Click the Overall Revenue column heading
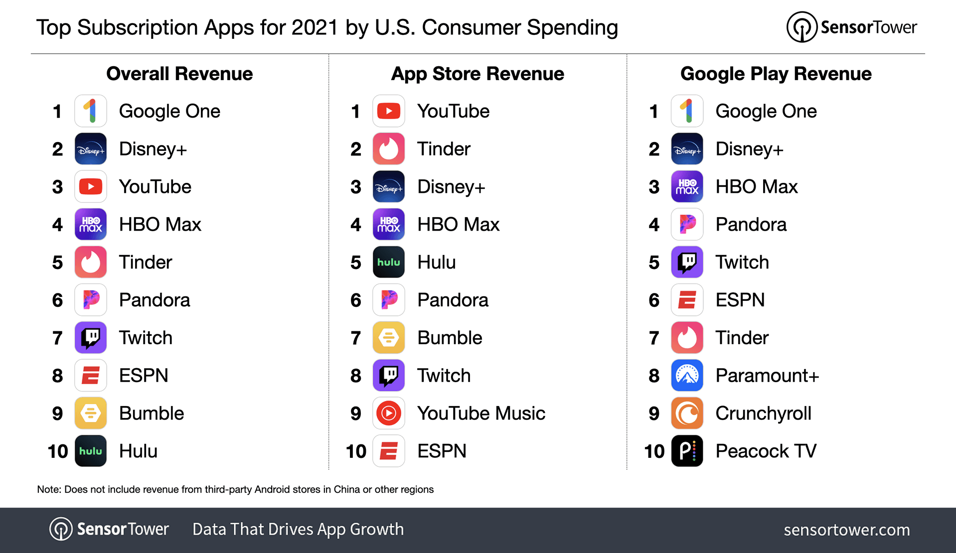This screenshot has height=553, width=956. [179, 74]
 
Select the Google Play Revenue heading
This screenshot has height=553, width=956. [776, 74]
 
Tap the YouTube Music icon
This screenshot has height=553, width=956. [389, 413]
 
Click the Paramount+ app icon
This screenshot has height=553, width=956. [687, 375]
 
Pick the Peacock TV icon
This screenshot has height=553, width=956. [687, 451]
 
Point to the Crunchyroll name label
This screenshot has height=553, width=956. [763, 413]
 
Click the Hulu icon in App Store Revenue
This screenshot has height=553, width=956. [389, 262]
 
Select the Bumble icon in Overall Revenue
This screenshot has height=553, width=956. [91, 413]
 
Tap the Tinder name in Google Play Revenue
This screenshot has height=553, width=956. [742, 338]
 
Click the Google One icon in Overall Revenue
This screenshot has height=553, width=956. [91, 111]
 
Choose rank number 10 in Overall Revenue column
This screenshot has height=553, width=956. [58, 451]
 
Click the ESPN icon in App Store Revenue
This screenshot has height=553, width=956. [389, 451]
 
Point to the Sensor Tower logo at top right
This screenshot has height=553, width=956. [851, 27]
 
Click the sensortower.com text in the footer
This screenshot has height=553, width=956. [846, 530]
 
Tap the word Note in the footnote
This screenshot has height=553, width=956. [48, 489]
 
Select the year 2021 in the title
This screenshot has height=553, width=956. [315, 27]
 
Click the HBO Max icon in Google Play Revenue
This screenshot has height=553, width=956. [687, 187]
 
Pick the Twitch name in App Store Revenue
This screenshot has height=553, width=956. [444, 376]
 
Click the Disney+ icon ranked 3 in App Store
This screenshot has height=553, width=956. [389, 187]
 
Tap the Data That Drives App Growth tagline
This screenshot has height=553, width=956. [298, 529]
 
